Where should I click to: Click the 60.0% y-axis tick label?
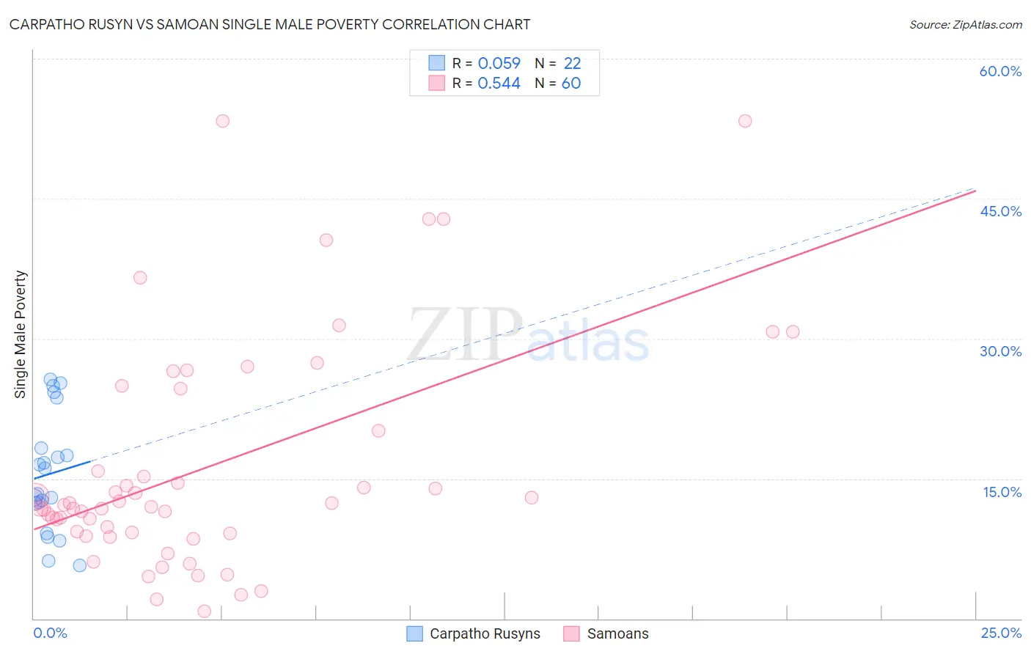pos(1000,71)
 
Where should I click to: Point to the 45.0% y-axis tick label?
pos(1000,211)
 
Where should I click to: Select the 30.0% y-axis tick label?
pos(1000,351)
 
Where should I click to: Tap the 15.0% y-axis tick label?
pos(1002,492)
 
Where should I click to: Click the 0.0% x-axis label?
pos(50,633)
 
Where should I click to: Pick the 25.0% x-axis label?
pos(1001,633)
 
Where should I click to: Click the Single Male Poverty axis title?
pos(21,334)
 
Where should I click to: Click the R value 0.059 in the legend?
pos(499,64)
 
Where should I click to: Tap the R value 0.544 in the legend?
pos(499,84)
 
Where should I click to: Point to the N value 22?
pos(572,64)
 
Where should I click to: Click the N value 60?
pos(571,84)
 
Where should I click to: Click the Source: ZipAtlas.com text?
pos(965,25)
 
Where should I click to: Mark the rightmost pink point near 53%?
pos(745,121)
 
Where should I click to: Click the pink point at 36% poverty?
pos(140,278)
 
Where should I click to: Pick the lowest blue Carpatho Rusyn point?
pos(80,565)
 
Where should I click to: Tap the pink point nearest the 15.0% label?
pos(532,498)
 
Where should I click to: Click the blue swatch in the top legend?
pos(437,63)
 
